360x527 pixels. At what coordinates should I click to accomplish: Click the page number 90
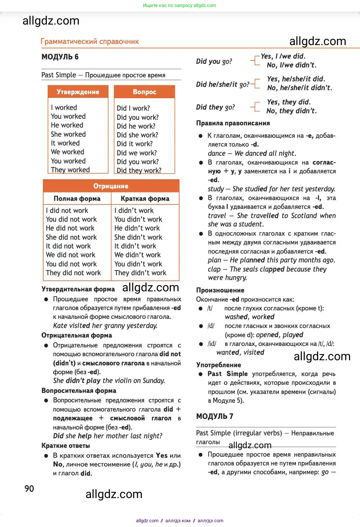pos(29,489)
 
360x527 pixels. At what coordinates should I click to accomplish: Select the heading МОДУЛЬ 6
pos(60,57)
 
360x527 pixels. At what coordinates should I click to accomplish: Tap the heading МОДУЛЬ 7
pos(214,416)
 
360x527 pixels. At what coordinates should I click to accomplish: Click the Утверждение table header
pos(78,92)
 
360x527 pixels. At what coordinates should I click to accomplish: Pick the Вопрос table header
pos(144,92)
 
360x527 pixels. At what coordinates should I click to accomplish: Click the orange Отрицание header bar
pos(111,186)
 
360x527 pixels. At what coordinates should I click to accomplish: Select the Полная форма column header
pos(77,199)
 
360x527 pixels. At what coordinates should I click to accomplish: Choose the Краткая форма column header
pos(145,199)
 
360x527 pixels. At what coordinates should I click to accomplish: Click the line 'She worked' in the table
pos(68,134)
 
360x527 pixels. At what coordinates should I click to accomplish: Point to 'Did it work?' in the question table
pos(135,144)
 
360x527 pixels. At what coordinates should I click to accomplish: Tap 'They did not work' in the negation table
pos(73,273)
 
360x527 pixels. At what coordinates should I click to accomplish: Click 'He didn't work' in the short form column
pos(137,228)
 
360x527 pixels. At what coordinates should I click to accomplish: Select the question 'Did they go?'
pos(215,107)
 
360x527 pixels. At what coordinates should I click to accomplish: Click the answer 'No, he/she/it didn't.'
pos(300,88)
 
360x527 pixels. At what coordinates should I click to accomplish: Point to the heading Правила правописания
pos(233,123)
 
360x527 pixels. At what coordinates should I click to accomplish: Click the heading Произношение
pos(220,290)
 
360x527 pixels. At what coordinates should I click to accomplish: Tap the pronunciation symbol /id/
pos(212,344)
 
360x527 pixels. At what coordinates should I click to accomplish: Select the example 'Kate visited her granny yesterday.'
pos(105,325)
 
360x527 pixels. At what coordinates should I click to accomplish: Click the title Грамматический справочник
pos(89,41)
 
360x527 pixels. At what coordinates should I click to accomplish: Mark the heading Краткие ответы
pos(66,446)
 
